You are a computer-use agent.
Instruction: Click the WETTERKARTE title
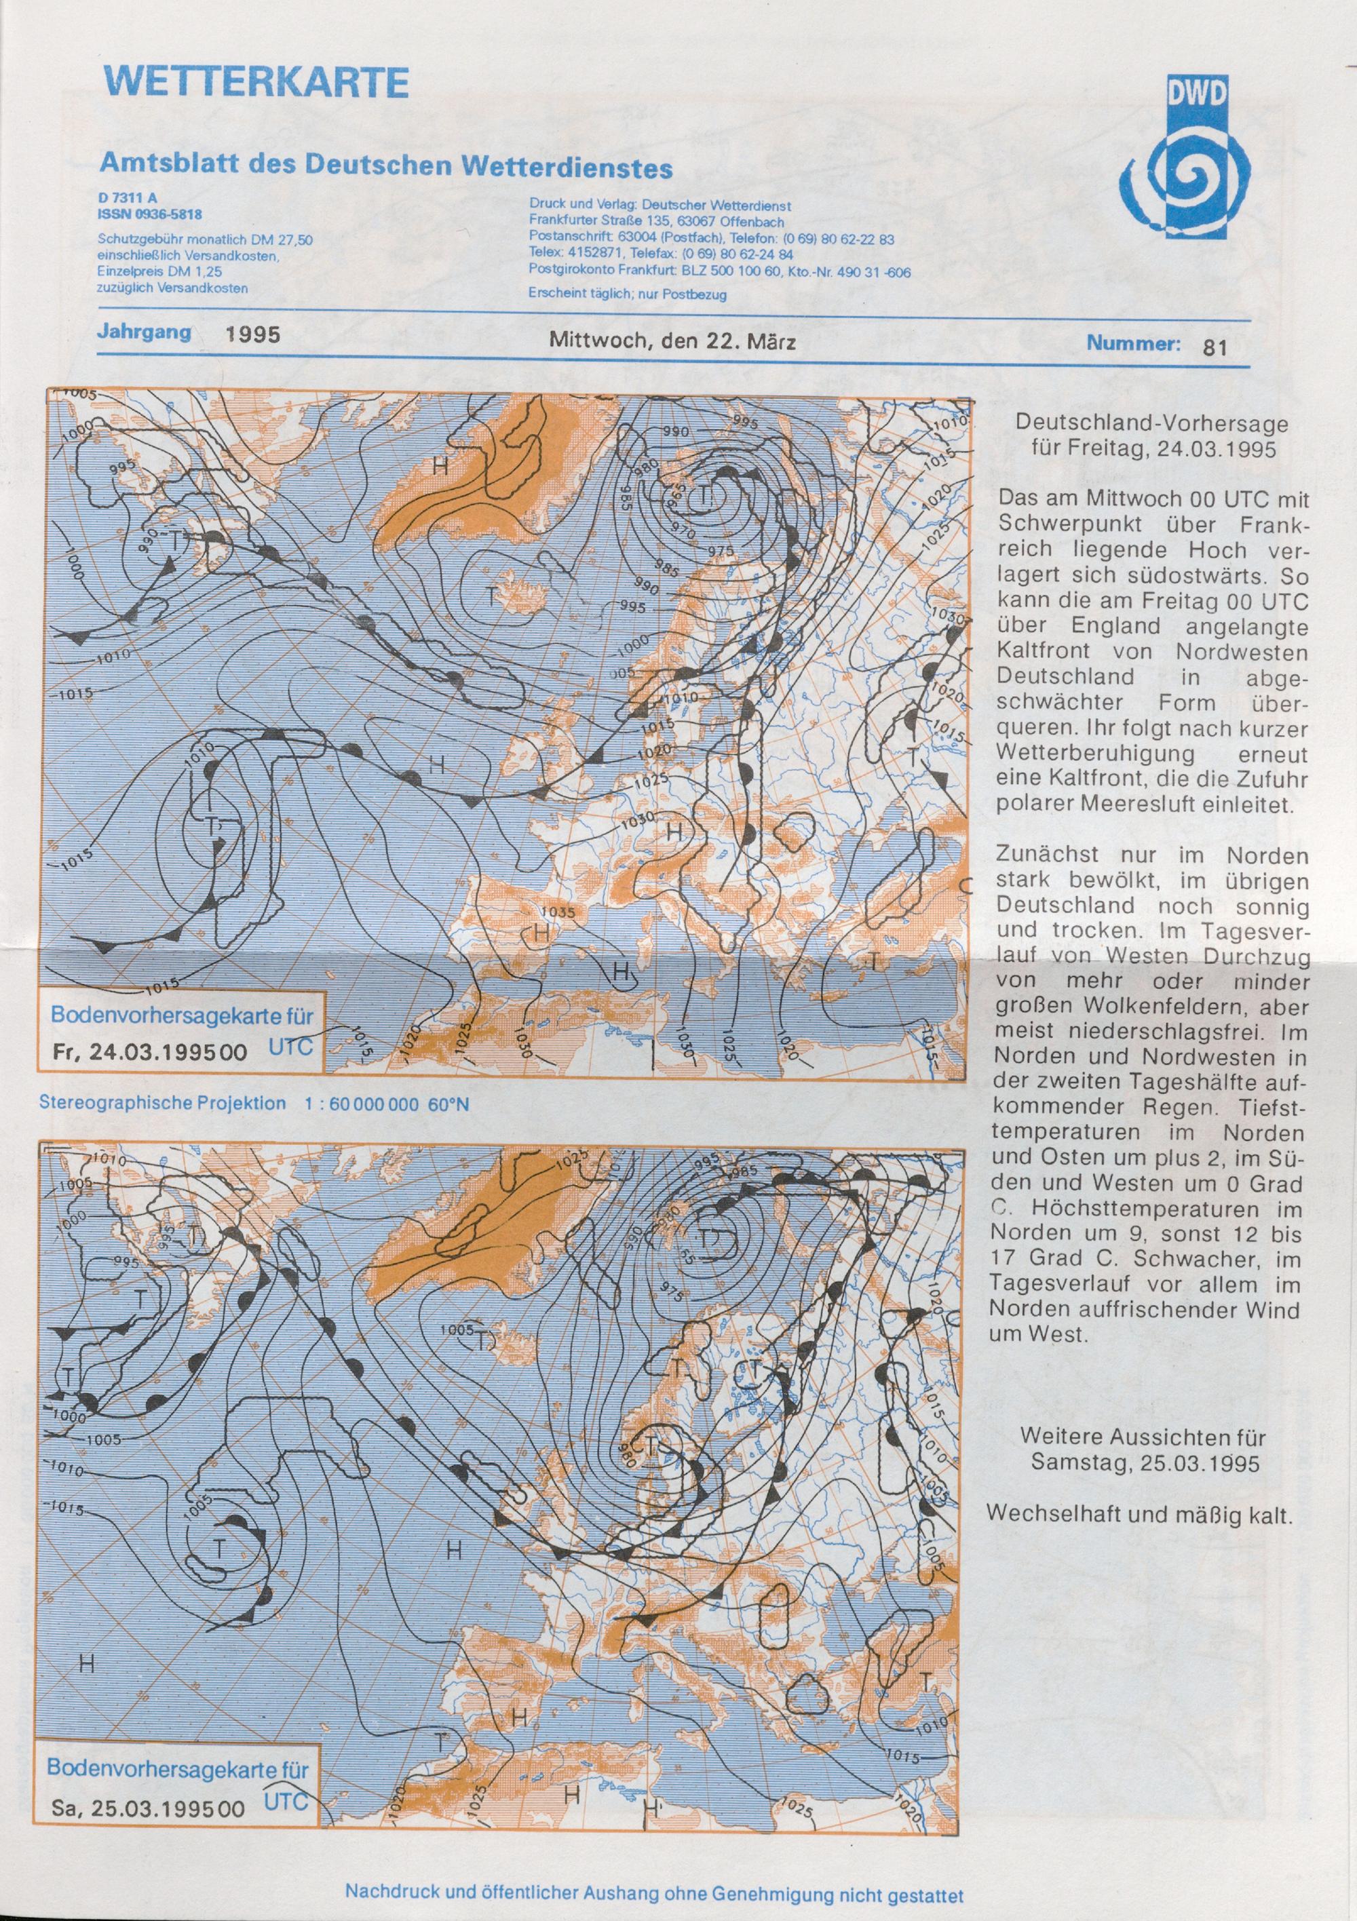click(255, 83)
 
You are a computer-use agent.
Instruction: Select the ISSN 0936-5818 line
click(150, 214)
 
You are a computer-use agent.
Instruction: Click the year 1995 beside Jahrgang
click(253, 336)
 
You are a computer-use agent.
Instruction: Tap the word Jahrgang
click(143, 331)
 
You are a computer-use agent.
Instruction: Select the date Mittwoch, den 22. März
click(672, 342)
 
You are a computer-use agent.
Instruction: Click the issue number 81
click(1215, 347)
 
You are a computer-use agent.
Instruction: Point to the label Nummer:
click(1134, 343)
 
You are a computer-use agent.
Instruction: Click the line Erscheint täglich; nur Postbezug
click(628, 294)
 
